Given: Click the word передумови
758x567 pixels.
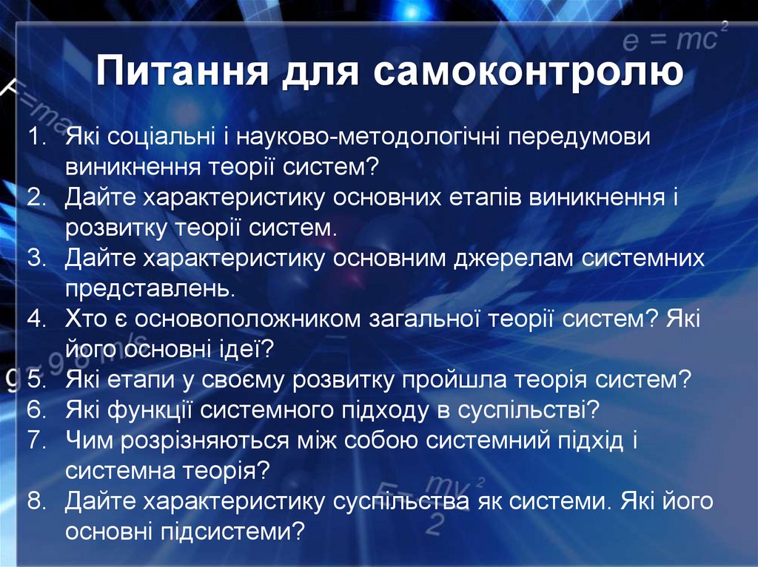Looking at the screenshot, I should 579,138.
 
